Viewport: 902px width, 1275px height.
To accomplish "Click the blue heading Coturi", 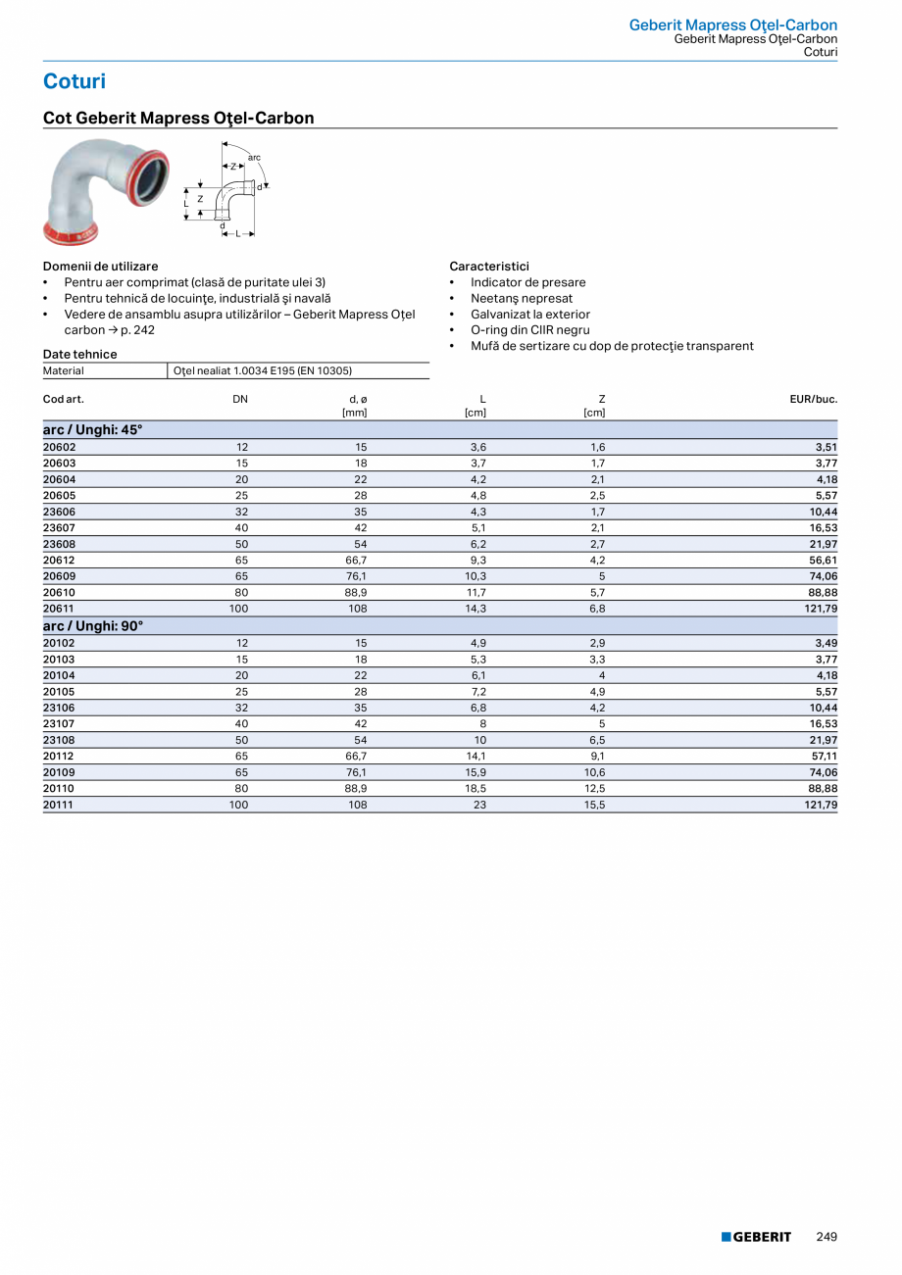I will point(75,81).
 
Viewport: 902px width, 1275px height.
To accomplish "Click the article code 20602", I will point(60,447).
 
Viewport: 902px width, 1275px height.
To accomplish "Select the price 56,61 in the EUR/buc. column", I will point(823,560).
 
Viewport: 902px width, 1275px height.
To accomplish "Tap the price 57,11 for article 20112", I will point(823,756).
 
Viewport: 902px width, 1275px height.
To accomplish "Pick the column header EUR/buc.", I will point(813,399).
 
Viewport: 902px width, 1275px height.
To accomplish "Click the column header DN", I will point(240,399).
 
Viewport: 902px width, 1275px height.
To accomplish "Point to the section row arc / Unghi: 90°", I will point(93,625).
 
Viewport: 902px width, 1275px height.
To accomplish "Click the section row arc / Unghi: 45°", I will point(93,429).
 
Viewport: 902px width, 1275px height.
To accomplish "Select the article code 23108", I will point(60,740).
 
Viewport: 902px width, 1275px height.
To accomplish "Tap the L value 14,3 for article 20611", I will point(476,608).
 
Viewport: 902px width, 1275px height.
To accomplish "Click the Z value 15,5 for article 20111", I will point(595,804).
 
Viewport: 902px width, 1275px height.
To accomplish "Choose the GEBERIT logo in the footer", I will point(756,1237).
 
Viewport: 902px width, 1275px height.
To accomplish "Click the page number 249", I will point(827,1237).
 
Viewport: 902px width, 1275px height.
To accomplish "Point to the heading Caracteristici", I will point(489,266).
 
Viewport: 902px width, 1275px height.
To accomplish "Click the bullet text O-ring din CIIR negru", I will point(529,330).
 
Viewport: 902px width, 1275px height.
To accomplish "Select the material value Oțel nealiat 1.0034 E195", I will point(263,370).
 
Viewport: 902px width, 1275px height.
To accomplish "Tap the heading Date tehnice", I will point(79,354).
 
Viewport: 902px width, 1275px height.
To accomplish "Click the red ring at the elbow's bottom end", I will point(71,235).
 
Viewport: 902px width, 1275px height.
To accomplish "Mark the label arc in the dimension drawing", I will point(254,157).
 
